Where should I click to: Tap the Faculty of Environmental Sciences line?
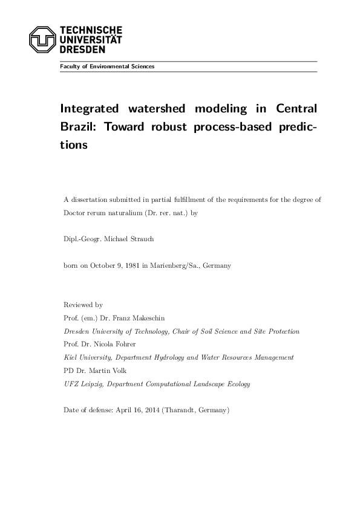[106, 66]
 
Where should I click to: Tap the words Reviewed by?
[83, 305]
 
